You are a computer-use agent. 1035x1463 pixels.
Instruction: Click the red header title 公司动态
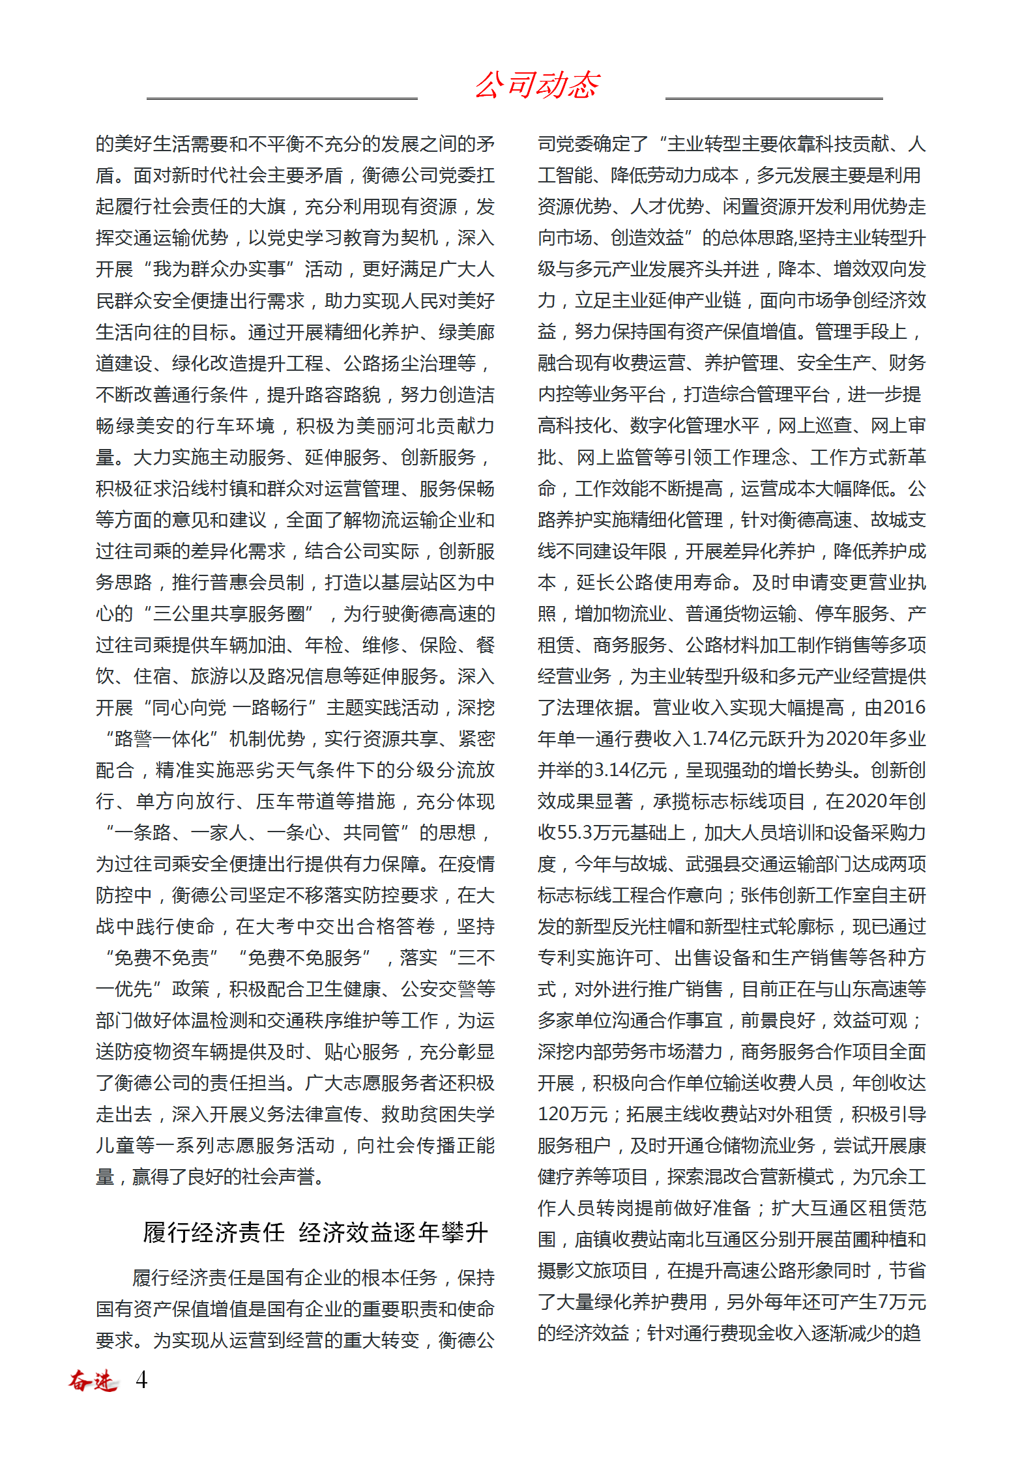[537, 85]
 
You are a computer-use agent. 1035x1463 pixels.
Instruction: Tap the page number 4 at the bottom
[141, 1380]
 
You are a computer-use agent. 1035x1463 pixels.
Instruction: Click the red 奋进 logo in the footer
[93, 1380]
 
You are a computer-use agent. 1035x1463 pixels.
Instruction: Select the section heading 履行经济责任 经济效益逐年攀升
[315, 1232]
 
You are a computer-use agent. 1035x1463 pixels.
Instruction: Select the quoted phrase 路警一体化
[162, 739]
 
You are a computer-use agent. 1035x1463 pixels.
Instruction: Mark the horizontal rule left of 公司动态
[282, 99]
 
